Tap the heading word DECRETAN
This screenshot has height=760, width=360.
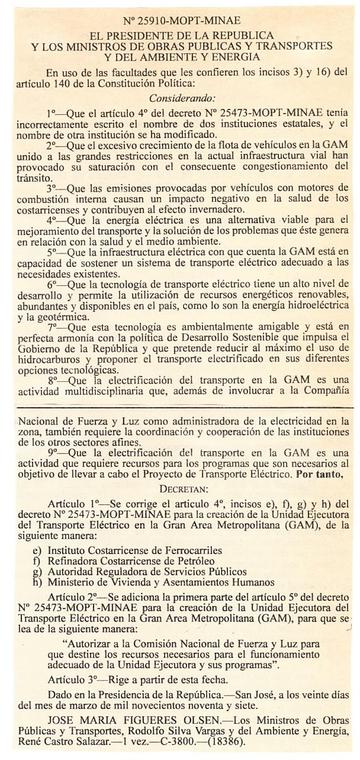(184, 489)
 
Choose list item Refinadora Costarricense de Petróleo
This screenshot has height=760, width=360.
(131, 561)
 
